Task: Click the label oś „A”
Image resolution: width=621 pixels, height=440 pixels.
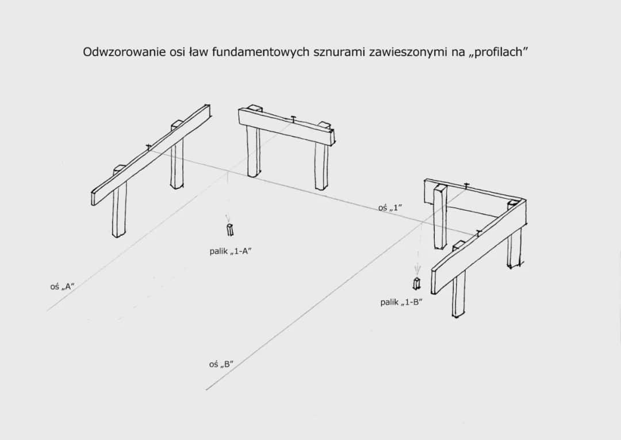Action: (x=63, y=286)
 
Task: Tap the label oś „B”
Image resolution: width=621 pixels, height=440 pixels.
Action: (x=221, y=364)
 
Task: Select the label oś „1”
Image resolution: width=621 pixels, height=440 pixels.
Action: (x=390, y=208)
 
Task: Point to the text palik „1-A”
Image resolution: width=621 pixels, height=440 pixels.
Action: (x=231, y=251)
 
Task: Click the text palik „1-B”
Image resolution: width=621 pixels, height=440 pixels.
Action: (x=401, y=302)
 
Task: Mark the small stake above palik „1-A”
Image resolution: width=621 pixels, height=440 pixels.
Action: (x=230, y=230)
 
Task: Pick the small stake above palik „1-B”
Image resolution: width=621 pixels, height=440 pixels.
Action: (x=416, y=283)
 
